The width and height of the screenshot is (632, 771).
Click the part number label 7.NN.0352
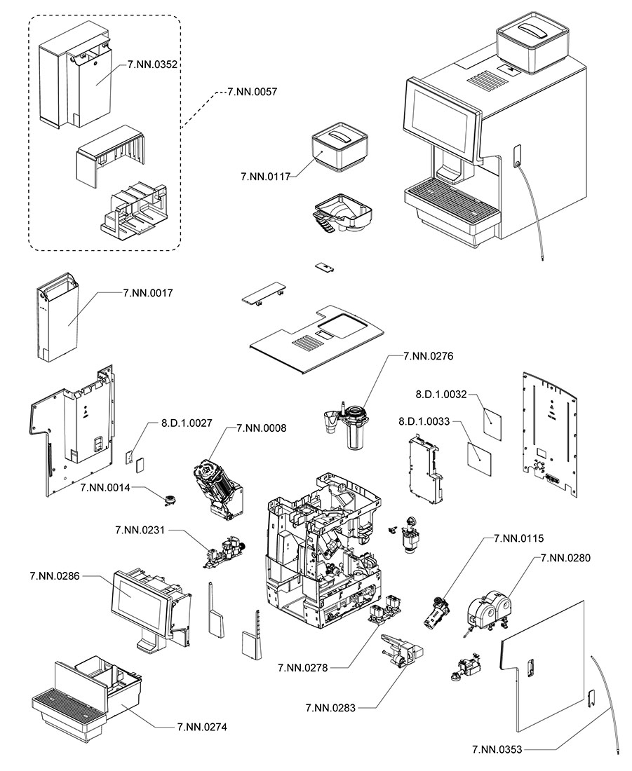153,64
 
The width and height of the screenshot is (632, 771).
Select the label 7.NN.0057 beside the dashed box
253,91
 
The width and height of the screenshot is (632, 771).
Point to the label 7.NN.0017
148,292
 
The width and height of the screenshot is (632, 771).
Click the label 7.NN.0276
429,356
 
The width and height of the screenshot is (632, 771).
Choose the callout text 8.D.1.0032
441,395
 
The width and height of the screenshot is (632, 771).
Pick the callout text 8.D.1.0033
424,423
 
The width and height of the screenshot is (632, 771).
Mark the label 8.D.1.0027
187,423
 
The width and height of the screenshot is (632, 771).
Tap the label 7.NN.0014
106,487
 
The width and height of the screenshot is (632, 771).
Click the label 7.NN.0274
202,727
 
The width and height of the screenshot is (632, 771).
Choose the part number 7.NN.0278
303,667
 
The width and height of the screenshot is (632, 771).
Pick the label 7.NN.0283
330,708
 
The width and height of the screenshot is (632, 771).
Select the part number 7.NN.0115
519,538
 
